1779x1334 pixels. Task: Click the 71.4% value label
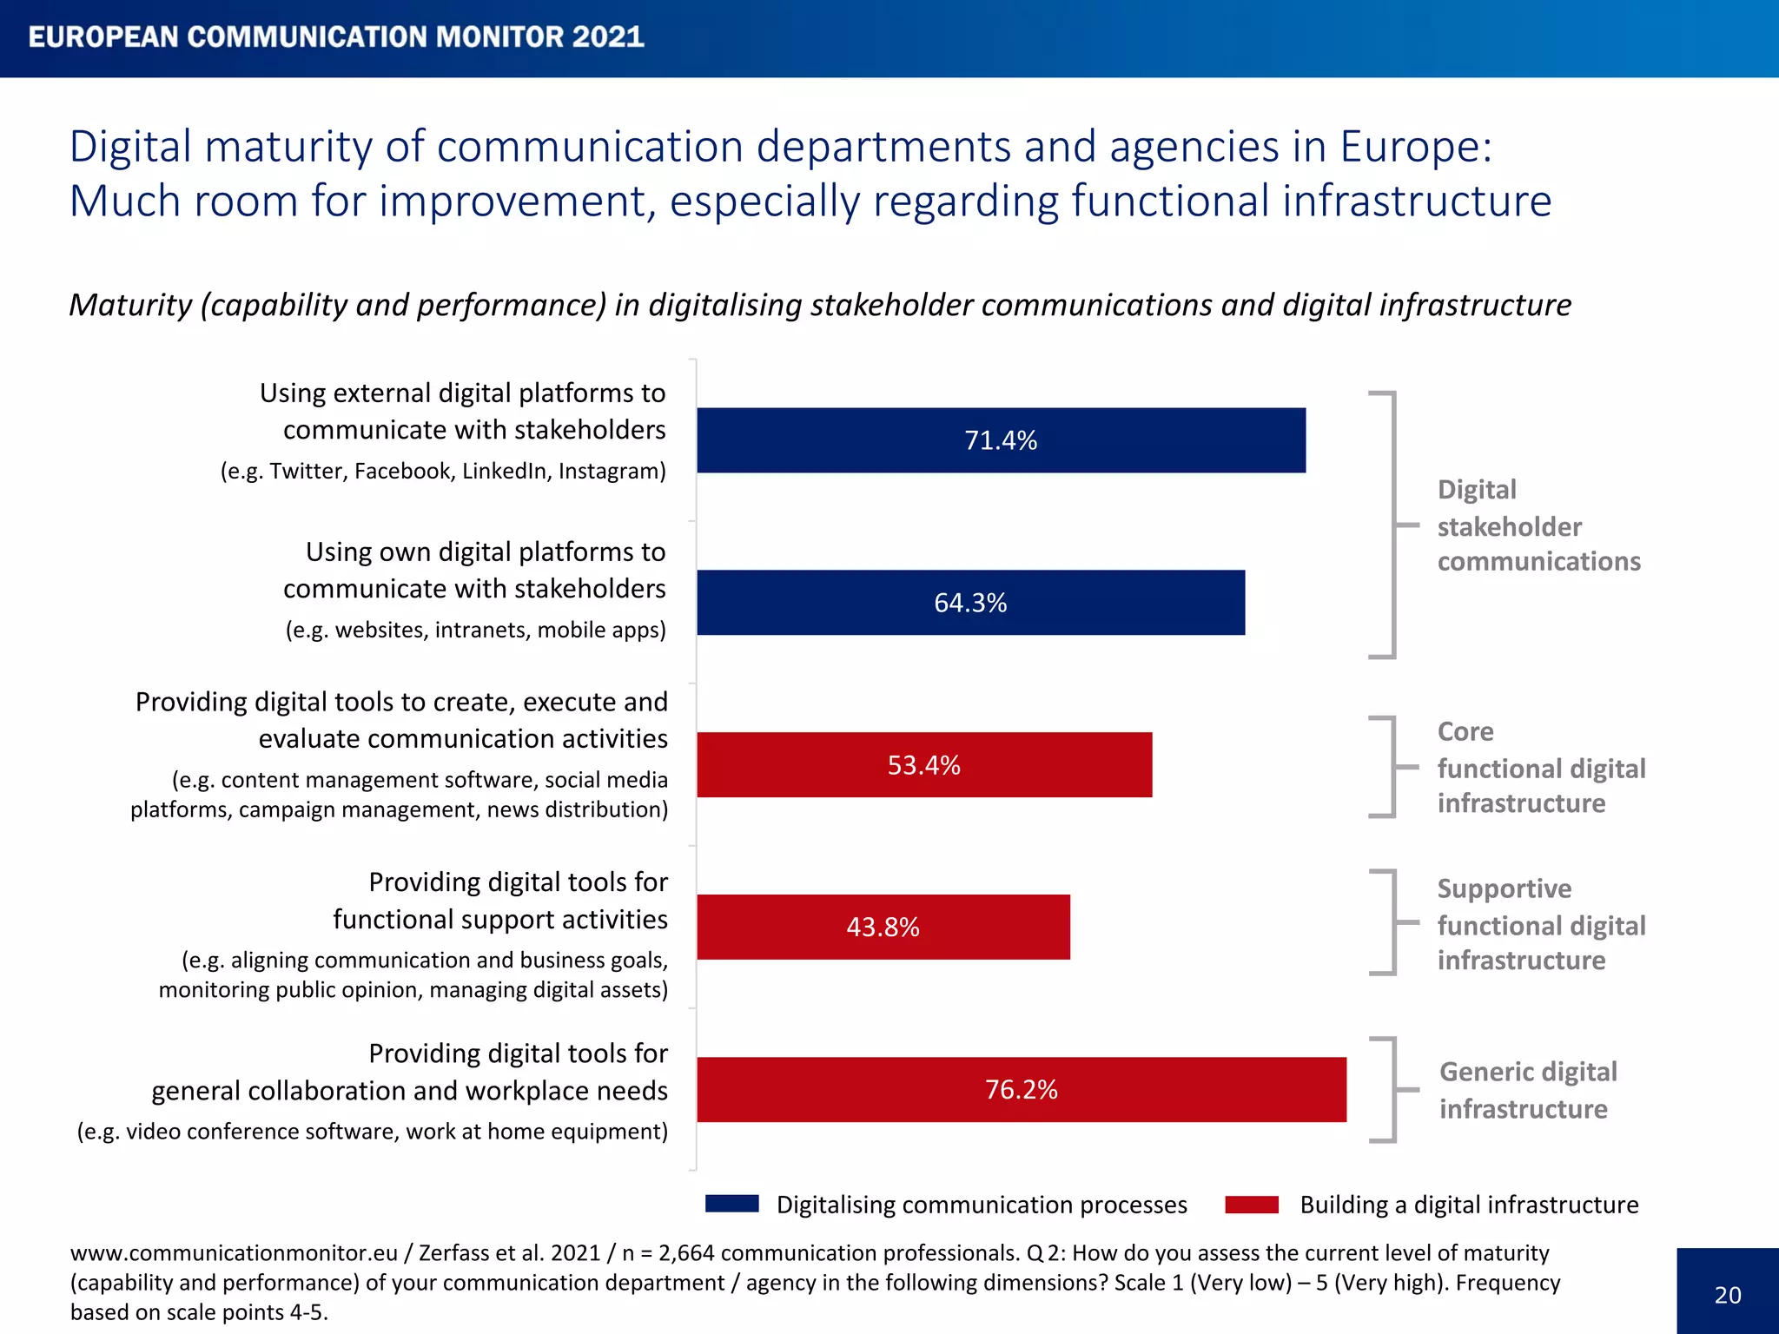click(x=1001, y=440)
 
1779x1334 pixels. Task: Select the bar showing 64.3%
click(x=970, y=603)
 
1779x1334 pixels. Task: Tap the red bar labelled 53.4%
click(x=923, y=765)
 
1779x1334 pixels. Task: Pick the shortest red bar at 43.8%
click(x=883, y=927)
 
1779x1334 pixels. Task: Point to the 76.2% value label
click(x=1021, y=1089)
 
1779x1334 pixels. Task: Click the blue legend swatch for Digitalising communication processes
click(x=731, y=1204)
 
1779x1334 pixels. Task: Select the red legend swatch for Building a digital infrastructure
click(x=1251, y=1204)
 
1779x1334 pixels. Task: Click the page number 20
click(x=1727, y=1295)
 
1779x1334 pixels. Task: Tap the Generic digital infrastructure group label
click(x=1527, y=1090)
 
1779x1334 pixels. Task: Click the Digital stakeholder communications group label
click(x=1538, y=525)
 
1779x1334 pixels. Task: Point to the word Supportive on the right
click(x=1504, y=888)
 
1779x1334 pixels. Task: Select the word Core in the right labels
click(x=1465, y=731)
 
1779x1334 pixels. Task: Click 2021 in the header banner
click(x=607, y=36)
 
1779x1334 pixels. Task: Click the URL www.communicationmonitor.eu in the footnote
click(x=234, y=1252)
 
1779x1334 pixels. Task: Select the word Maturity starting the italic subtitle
click(x=130, y=305)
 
